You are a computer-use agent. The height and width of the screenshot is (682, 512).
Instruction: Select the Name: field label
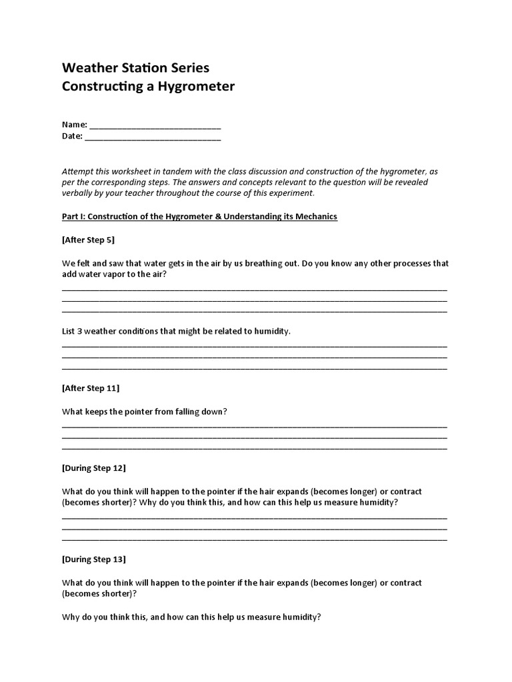pos(74,125)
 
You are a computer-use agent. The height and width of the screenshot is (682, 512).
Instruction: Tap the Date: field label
pos(72,136)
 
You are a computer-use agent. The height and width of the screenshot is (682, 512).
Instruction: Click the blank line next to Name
pos(155,125)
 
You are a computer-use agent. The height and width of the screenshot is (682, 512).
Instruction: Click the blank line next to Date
pos(153,137)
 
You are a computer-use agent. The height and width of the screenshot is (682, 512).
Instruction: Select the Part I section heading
pos(199,216)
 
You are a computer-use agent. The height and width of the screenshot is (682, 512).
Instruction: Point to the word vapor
pos(109,274)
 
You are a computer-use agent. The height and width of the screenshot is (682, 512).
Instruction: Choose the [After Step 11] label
pos(91,388)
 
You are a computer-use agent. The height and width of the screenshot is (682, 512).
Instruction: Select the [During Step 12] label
pos(93,468)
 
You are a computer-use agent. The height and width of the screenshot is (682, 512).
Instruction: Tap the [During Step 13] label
pos(93,559)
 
